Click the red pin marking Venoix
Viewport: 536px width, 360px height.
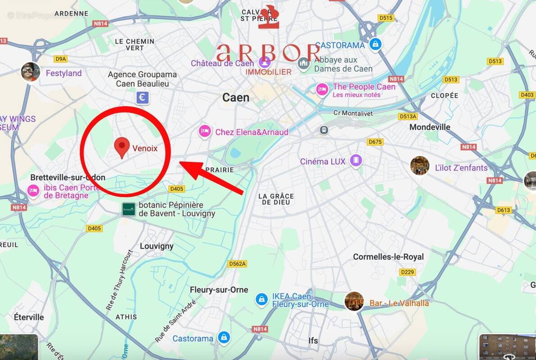point(121,147)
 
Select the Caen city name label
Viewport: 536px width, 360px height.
point(236,97)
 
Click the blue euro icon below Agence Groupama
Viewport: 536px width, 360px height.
point(142,97)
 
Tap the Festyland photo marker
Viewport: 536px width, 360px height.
point(30,72)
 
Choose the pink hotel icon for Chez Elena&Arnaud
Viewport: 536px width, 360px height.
point(205,132)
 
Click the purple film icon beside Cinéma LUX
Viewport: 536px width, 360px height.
point(356,161)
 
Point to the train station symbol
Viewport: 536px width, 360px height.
point(324,130)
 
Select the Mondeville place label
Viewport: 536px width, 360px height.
point(429,127)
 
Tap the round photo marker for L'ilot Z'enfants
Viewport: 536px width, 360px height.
point(419,166)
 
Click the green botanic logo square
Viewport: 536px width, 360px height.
point(129,209)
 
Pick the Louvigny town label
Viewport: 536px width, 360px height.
point(157,246)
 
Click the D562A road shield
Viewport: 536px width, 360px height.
point(237,264)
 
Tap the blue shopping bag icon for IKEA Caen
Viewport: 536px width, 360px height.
point(261,299)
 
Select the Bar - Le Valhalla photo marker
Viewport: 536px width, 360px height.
point(354,301)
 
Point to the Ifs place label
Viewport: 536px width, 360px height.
point(313,341)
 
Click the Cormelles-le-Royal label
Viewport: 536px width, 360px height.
point(388,256)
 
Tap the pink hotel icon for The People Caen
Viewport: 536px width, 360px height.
point(322,90)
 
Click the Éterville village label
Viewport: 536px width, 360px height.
point(29,317)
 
